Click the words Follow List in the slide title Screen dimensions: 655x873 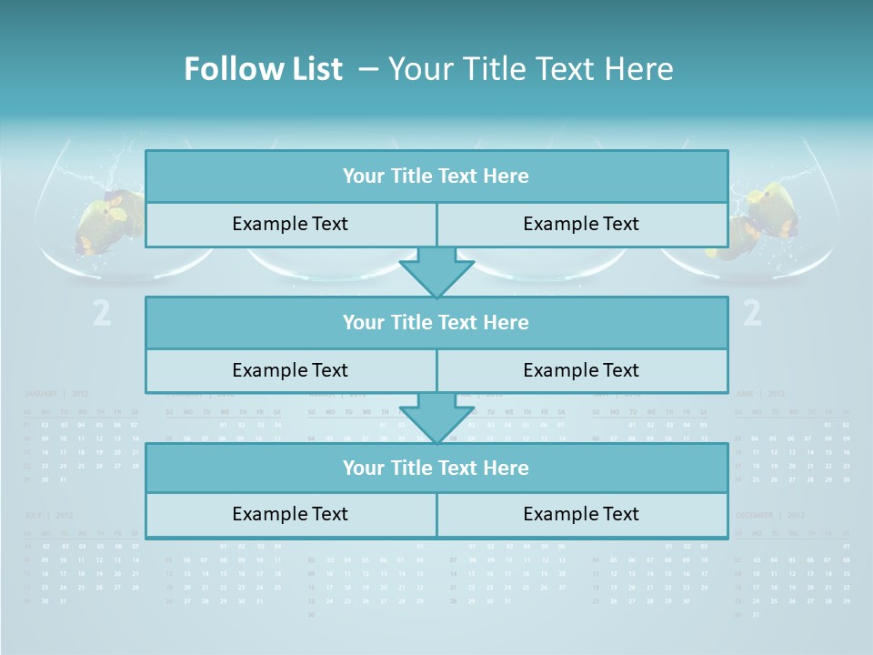click(263, 69)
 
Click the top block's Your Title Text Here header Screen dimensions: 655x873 click(436, 176)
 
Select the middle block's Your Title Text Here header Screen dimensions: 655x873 click(436, 323)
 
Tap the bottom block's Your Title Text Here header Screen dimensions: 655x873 click(436, 469)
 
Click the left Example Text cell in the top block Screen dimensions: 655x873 click(290, 225)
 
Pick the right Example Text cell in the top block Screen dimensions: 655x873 click(581, 225)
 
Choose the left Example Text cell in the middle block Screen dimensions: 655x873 click(290, 371)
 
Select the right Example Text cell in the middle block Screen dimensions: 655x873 click(581, 371)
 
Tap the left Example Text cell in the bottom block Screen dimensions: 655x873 click(290, 515)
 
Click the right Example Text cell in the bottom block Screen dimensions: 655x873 click(581, 515)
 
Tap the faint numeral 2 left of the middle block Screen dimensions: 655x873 click(102, 314)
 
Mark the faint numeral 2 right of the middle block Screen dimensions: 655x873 click(752, 314)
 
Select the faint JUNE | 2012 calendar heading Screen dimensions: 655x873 click(760, 394)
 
